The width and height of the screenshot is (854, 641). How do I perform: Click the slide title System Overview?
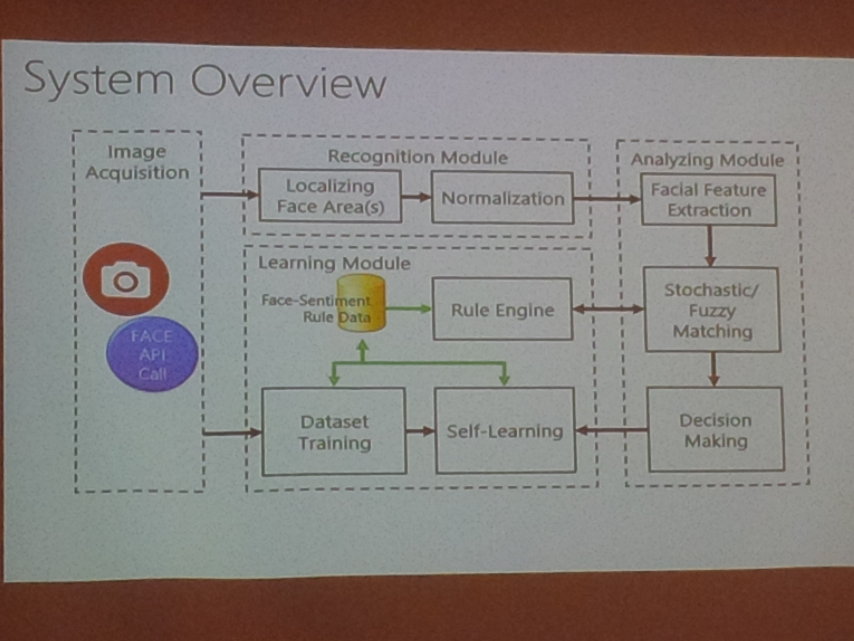205,81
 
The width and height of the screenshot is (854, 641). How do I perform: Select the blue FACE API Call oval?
152,354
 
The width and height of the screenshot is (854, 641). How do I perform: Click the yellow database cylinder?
361,303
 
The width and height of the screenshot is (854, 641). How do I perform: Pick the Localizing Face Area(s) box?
330,196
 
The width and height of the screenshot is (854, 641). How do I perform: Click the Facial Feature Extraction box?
709,200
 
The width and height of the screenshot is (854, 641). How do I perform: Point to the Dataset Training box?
334,432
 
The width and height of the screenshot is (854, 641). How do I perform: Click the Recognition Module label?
418,157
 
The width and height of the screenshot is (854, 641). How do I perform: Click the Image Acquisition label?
137,162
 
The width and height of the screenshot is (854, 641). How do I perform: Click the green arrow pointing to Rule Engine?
408,308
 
